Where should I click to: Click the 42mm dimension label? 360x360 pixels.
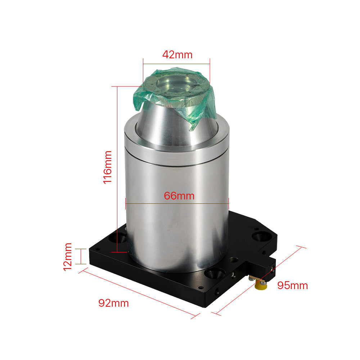[177, 55]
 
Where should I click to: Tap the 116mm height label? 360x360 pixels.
[108, 167]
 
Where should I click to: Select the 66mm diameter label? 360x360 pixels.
[179, 196]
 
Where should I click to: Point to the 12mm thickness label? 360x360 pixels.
[67, 256]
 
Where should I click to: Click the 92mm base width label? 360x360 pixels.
[113, 303]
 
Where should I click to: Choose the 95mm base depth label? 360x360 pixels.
[292, 285]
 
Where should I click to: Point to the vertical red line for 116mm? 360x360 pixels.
[118, 169]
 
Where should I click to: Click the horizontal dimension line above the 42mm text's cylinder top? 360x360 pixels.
[176, 64]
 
